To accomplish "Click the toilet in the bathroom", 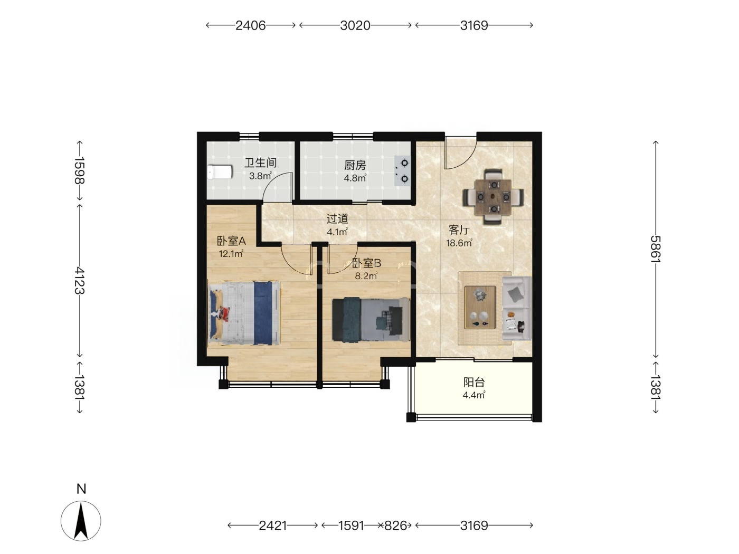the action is click(220, 172).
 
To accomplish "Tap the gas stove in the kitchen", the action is click(403, 171).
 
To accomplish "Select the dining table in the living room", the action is click(493, 197).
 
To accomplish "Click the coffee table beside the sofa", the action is click(480, 307).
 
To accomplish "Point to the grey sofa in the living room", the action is click(517, 309).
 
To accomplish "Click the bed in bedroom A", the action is click(244, 313).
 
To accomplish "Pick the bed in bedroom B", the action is click(371, 319).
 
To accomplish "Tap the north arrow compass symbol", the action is click(81, 521).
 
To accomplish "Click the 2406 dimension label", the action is click(251, 25).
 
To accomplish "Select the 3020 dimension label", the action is click(355, 25).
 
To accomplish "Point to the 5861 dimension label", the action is click(655, 249).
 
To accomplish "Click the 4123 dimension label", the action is click(80, 280).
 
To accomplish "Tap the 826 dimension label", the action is click(395, 526).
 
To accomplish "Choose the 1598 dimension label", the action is click(80, 170).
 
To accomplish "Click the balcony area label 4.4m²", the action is click(473, 395).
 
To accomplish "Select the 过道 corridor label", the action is click(337, 219).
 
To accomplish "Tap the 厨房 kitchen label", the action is click(355, 166).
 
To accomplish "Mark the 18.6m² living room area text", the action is click(459, 243).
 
